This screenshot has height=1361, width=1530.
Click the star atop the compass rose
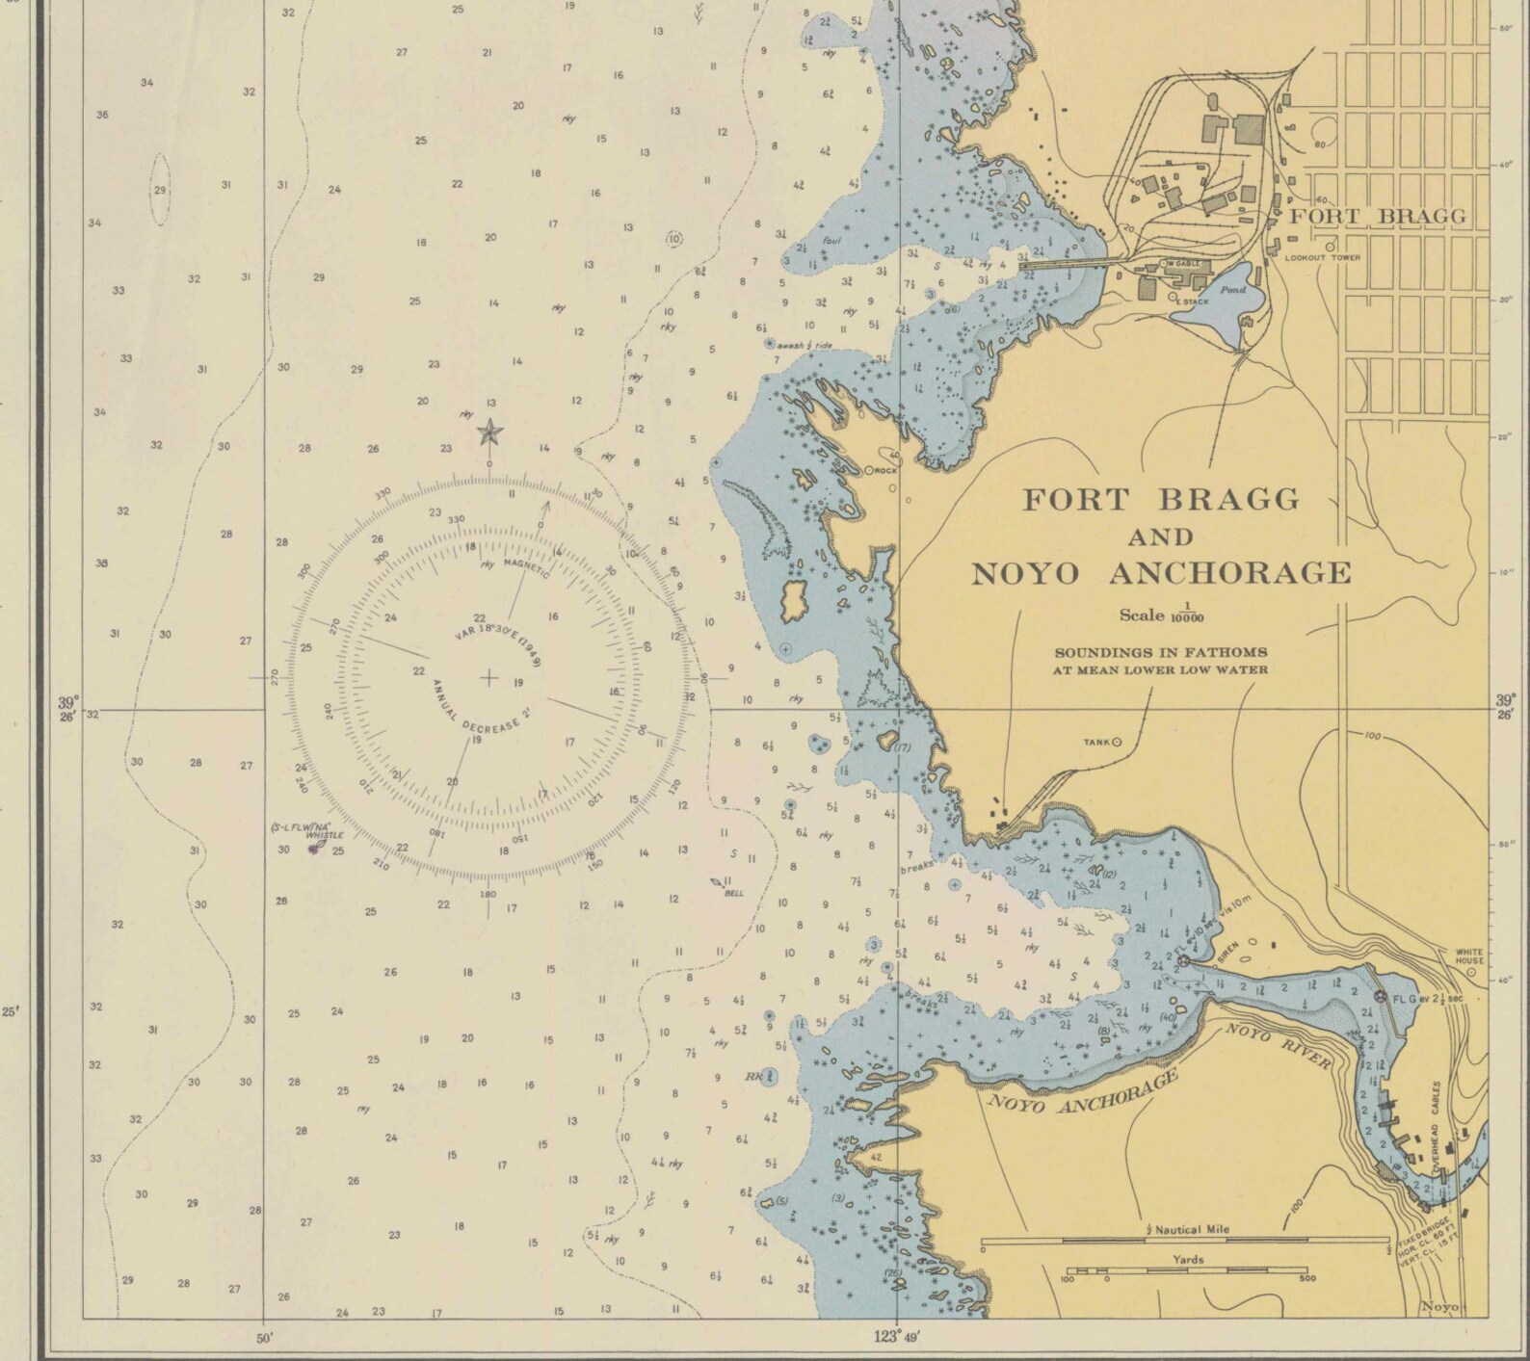point(490,432)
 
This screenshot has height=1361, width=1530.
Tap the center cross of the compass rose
point(488,678)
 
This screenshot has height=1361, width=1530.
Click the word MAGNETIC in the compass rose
point(526,568)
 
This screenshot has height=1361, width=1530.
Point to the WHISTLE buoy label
point(324,835)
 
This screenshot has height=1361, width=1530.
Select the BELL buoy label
point(734,893)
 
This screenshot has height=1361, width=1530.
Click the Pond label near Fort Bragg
point(1232,289)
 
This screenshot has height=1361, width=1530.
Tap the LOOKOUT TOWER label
point(1322,258)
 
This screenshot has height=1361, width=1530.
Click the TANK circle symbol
point(1118,742)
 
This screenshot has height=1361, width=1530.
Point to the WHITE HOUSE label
point(1469,956)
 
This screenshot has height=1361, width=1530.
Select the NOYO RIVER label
point(1279,1047)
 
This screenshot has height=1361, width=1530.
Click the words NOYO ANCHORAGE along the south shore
point(1083,1094)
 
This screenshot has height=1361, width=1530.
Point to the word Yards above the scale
point(1187,1259)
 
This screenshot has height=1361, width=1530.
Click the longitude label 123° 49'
point(897,1335)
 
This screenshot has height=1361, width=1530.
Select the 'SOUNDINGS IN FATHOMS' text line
point(1160,652)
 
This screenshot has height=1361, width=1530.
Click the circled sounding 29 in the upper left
point(160,190)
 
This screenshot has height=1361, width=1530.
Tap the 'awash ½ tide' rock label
point(803,345)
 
